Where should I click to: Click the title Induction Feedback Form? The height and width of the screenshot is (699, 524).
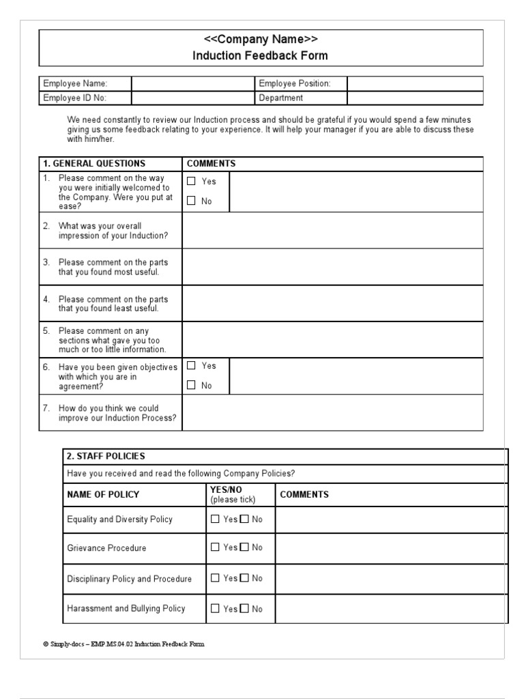click(x=260, y=55)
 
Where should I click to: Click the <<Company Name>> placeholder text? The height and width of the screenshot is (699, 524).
click(x=260, y=39)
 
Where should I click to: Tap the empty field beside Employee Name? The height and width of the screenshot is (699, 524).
click(x=192, y=83)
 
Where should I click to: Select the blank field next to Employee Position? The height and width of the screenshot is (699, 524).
click(x=414, y=83)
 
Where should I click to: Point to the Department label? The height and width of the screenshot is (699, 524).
click(x=280, y=98)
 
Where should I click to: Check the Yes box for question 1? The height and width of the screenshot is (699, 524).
click(x=191, y=182)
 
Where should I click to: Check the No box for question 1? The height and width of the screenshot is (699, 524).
click(x=191, y=201)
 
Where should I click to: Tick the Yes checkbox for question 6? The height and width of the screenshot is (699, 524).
click(x=191, y=366)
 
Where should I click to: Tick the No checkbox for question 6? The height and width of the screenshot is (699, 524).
click(x=191, y=385)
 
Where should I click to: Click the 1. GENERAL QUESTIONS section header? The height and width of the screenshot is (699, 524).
click(x=94, y=164)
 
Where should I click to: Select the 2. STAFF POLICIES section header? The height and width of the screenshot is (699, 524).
click(x=106, y=456)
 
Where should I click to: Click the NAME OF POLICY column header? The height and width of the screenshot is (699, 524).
click(x=103, y=494)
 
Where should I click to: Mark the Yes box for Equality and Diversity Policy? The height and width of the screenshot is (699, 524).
click(x=216, y=519)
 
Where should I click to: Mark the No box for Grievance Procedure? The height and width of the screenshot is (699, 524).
click(x=245, y=547)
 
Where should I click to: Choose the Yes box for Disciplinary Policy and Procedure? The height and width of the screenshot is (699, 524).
click(x=216, y=578)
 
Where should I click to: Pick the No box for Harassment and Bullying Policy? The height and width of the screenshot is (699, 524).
click(x=245, y=609)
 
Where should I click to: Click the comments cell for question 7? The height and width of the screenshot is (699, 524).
click(x=332, y=412)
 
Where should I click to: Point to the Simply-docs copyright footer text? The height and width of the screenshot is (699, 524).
click(x=123, y=644)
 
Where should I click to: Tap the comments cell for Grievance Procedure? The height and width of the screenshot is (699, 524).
click(x=391, y=547)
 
